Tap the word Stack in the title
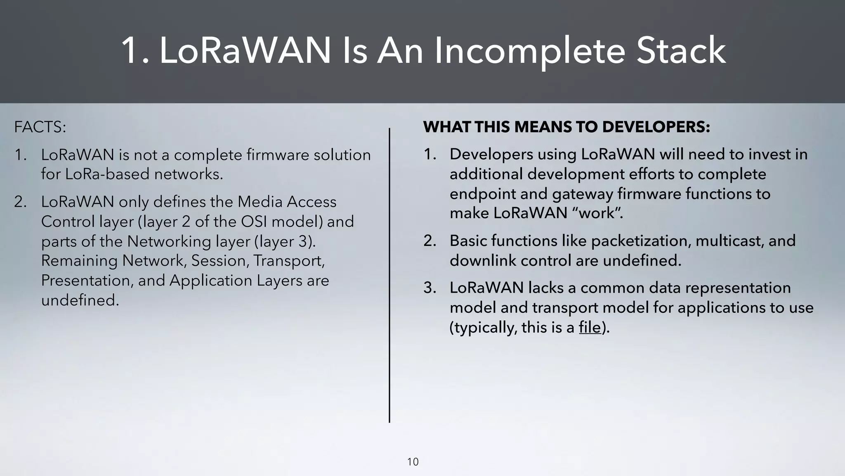(x=681, y=51)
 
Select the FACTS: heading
(x=40, y=127)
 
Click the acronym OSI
(x=254, y=221)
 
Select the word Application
(x=210, y=281)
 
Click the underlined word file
(x=590, y=327)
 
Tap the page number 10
(x=413, y=462)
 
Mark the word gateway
(x=582, y=194)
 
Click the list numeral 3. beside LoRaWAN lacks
(x=430, y=288)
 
